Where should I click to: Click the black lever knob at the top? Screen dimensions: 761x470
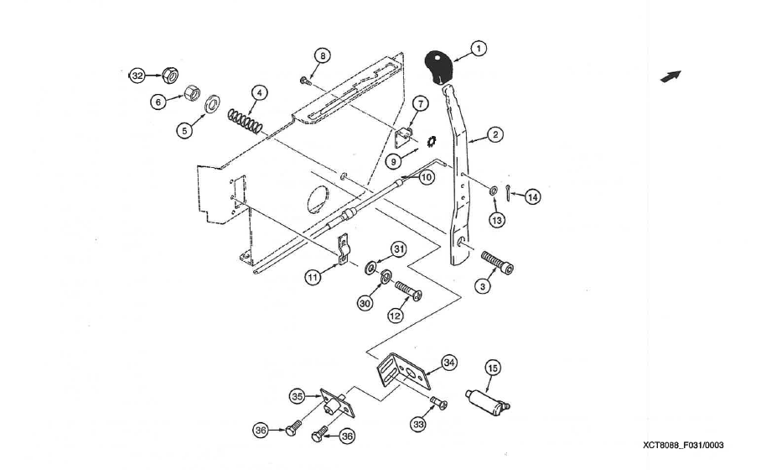point(438,67)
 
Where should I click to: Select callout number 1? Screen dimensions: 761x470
point(479,49)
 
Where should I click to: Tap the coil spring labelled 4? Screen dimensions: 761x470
point(245,121)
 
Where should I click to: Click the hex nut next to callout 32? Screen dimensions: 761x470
point(170,75)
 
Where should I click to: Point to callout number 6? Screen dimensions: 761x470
point(158,102)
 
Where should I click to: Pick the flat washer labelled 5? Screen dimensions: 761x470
point(212,104)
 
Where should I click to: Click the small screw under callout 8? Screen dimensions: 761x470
point(304,81)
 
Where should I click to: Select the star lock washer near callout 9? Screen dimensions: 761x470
point(431,142)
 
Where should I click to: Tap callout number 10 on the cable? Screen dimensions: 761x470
point(426,177)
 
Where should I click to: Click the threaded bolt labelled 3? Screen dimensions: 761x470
point(498,262)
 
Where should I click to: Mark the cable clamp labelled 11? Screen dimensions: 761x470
point(343,250)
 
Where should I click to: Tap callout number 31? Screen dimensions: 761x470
point(399,250)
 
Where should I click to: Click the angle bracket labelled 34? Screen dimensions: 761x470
point(403,372)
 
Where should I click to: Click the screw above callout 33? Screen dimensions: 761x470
point(438,403)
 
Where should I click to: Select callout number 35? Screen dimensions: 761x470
point(298,397)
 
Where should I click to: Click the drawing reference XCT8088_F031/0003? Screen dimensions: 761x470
point(683,445)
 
